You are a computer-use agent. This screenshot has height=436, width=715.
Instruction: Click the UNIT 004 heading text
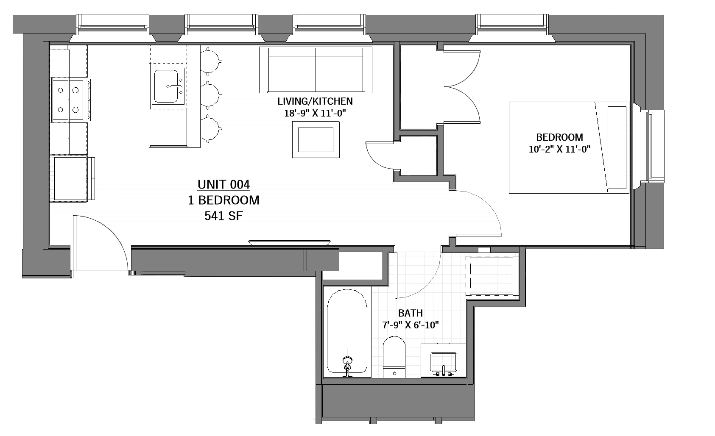223,185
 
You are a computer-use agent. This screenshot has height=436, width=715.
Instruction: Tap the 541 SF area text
223,216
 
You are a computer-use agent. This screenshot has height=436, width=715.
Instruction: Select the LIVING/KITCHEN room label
315,101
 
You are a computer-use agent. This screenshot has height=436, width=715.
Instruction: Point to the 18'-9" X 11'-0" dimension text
315,113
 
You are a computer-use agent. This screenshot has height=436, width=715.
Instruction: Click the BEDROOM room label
559,137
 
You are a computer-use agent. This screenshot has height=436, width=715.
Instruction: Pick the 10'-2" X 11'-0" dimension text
559,149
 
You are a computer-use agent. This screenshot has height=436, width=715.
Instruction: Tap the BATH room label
410,313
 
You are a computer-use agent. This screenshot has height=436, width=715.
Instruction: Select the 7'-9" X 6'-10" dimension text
410,325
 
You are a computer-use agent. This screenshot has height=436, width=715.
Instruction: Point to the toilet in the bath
394,356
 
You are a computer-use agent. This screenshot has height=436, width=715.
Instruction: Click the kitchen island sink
166,86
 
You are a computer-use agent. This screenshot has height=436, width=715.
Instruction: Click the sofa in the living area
316,70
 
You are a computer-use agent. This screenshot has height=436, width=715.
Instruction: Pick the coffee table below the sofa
316,139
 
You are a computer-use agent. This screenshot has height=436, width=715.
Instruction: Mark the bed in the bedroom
568,147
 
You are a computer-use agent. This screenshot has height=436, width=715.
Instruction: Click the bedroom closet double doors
463,87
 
